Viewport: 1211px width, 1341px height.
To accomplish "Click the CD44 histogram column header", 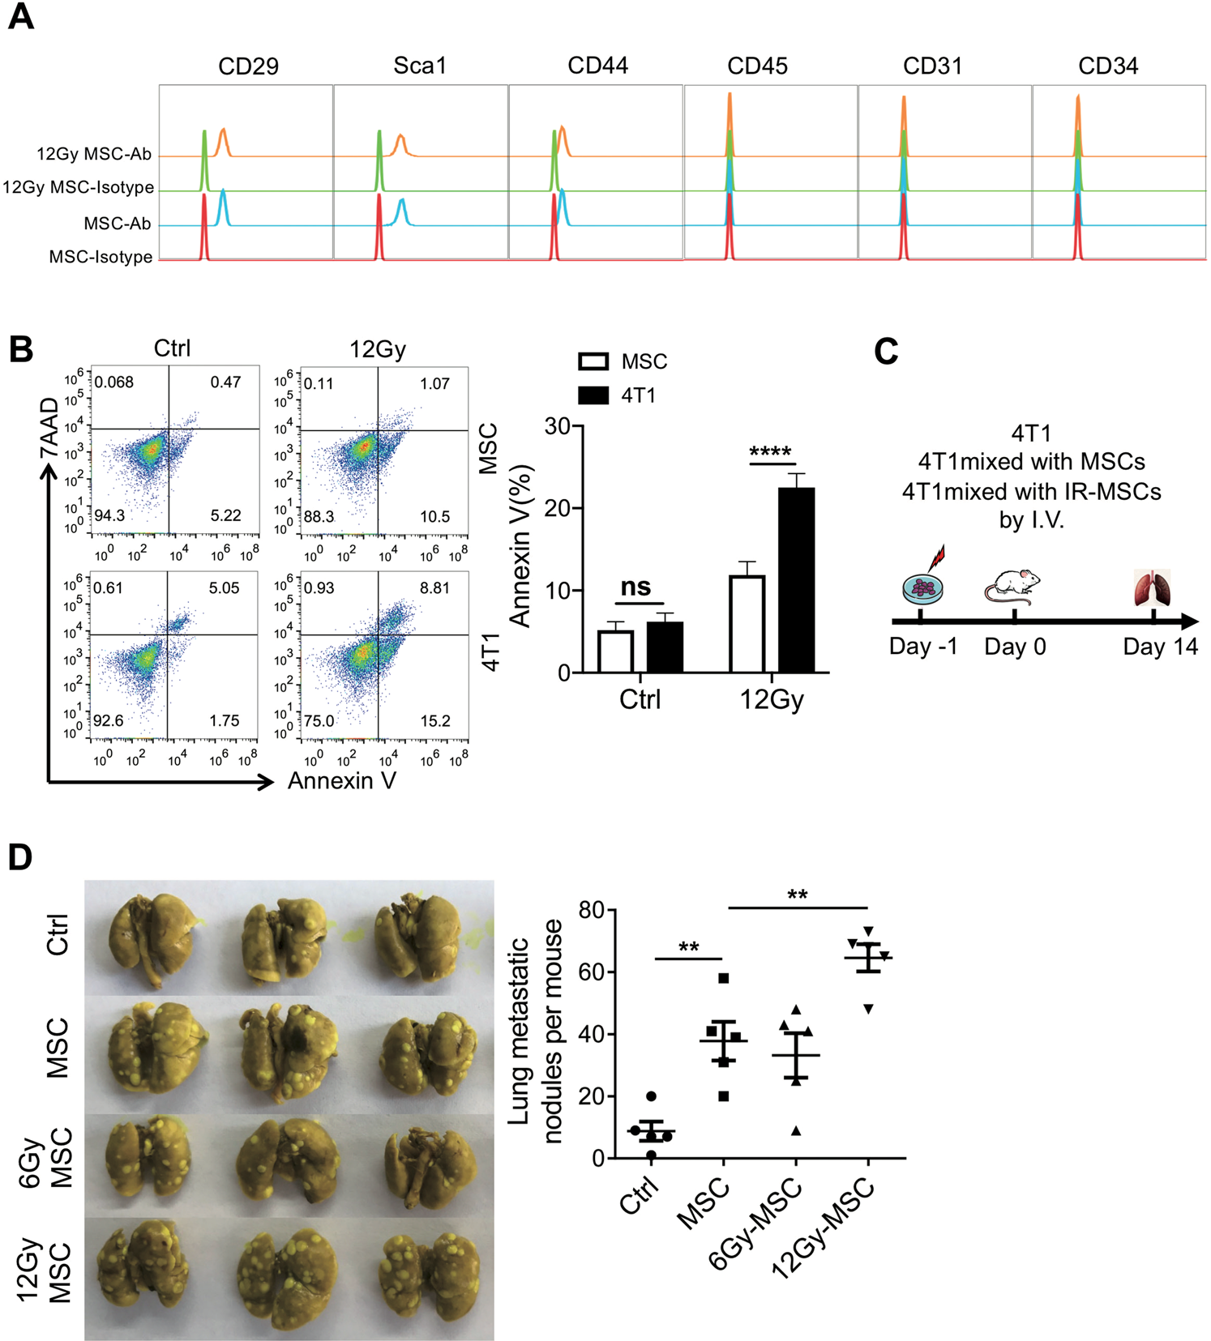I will (597, 66).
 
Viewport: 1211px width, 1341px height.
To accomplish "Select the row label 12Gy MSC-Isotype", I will (78, 188).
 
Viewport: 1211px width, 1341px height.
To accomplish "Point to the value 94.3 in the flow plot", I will (109, 515).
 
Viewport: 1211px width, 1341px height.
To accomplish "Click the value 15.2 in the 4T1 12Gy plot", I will (435, 721).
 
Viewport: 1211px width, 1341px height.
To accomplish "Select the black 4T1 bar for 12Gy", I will (796, 579).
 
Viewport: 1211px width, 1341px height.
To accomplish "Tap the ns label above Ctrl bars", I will (636, 587).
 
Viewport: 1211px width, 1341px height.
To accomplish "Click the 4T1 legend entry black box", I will (593, 395).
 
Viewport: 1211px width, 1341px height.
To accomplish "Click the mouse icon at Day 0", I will (1013, 587).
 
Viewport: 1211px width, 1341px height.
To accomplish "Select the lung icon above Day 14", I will (1153, 588).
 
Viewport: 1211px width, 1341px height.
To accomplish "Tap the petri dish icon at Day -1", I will (922, 587).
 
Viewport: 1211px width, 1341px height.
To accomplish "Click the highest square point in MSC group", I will (724, 978).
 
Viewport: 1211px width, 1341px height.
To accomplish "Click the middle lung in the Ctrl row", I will (285, 938).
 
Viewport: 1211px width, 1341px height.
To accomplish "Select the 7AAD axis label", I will (49, 427).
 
